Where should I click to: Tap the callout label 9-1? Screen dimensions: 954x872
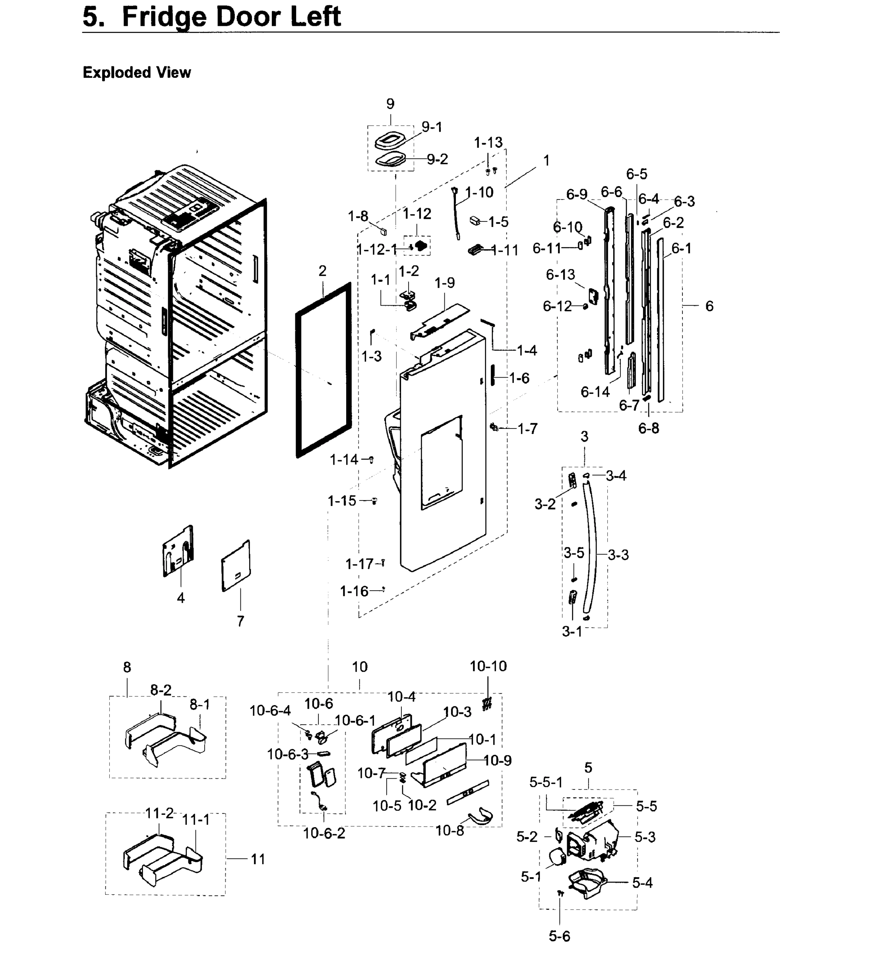click(432, 127)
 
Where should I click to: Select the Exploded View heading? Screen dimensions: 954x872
click(137, 73)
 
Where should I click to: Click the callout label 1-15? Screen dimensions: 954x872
click(342, 501)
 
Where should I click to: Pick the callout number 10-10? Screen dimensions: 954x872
click(488, 666)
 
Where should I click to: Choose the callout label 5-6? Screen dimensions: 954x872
click(559, 936)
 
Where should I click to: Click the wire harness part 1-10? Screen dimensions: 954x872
click(457, 213)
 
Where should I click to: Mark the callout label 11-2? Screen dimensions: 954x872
click(159, 813)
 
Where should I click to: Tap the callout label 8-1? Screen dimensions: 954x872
click(200, 705)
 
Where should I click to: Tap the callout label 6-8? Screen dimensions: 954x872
click(648, 428)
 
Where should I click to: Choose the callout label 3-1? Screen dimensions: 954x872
click(572, 632)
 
